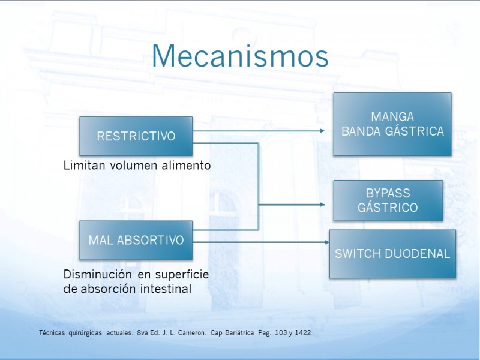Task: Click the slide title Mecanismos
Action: coord(240,56)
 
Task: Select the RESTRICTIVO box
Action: coord(136,136)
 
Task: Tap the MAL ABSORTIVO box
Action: coord(136,241)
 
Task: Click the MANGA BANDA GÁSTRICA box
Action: coord(392,124)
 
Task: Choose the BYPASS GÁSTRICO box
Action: coord(388,200)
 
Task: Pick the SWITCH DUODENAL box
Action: coord(392,254)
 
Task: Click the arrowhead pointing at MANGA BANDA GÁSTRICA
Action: coord(322,131)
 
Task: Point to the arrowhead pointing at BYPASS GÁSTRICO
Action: coord(322,205)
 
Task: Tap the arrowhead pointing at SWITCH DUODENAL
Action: coord(327,242)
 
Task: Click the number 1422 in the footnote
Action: coord(303,333)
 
